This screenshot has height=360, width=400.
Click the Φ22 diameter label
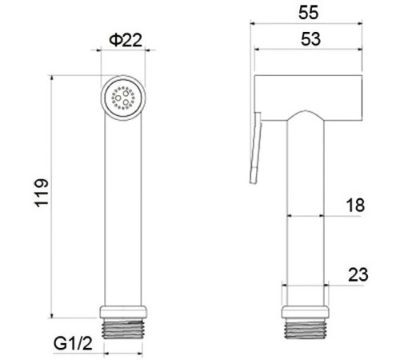point(126,40)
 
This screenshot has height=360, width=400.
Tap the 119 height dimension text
point(42,193)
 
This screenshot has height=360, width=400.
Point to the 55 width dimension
point(308,12)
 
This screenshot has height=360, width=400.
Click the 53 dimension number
point(310,39)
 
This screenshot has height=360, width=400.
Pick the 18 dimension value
point(355,205)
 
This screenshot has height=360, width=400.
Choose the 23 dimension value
point(358,274)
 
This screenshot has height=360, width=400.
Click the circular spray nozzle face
point(123,98)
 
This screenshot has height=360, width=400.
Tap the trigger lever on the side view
point(255,148)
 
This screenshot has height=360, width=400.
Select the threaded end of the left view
point(123,329)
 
